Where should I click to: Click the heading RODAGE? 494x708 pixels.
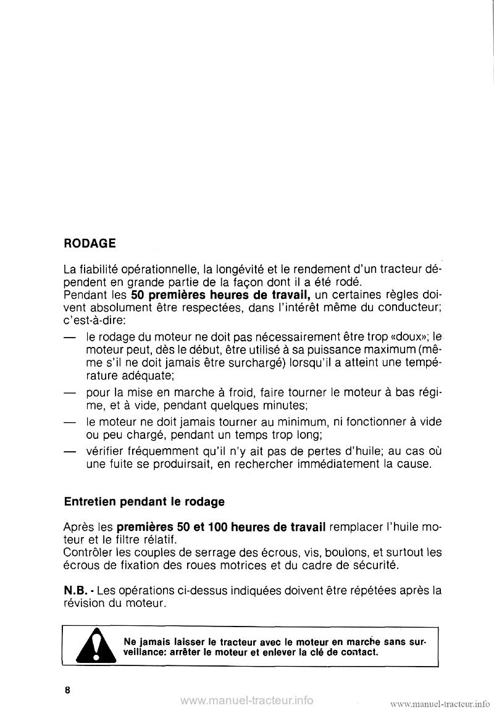pyautogui.click(x=90, y=243)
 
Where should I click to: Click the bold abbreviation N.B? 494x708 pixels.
pyautogui.click(x=77, y=590)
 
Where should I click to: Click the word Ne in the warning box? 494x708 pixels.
pyautogui.click(x=131, y=640)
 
